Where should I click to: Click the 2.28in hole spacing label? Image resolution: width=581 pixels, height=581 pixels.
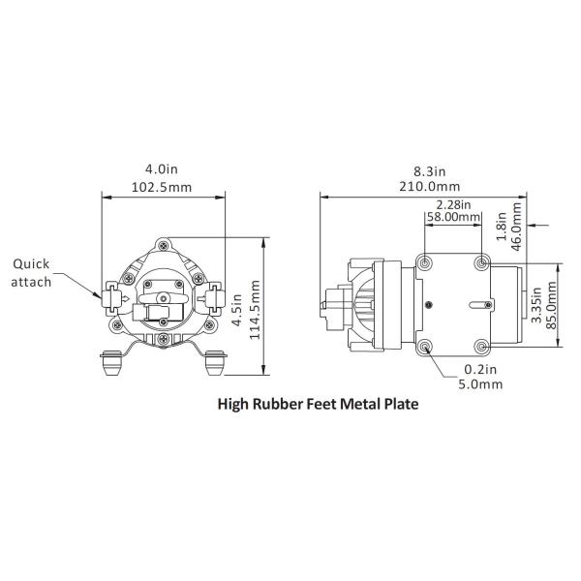pos(453,204)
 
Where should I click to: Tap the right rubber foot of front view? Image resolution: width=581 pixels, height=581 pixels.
pos(212,367)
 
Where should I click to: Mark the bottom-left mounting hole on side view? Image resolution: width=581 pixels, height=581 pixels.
pos(427,347)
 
